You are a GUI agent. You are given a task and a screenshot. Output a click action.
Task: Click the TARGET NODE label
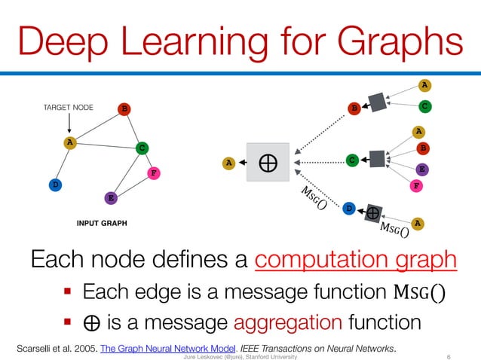pos(68,108)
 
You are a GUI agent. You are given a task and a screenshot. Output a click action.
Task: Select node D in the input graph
pos(54,184)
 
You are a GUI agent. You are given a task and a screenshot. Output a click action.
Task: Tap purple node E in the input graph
pos(111,198)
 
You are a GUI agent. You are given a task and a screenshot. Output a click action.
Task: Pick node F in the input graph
pos(153,172)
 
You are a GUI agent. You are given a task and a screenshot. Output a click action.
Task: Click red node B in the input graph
pos(124,108)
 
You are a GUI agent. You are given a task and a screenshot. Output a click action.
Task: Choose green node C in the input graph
pos(140,148)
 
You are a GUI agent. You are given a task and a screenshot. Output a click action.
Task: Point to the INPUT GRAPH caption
pos(102,224)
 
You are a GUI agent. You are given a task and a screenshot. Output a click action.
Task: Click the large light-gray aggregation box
pos(268,161)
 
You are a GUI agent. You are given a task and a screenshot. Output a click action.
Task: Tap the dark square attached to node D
pos(372,213)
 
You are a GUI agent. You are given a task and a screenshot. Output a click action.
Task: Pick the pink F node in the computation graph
pos(416,185)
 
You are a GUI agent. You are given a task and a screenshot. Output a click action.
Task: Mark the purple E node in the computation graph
pos(423,168)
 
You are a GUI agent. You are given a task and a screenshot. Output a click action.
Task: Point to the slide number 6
pos(449,356)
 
